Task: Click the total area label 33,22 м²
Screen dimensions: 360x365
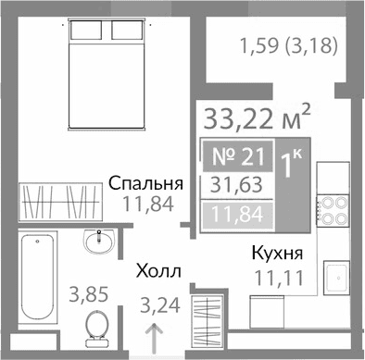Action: [x=256, y=119]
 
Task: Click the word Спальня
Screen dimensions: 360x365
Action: [x=145, y=182]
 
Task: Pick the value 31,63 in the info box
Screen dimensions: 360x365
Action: [x=236, y=185]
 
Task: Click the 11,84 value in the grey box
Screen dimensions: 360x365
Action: [x=236, y=216]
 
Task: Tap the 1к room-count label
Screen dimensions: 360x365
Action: [x=293, y=168]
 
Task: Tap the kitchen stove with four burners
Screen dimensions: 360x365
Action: [x=333, y=211]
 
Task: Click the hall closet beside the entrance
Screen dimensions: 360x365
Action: [x=208, y=324]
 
